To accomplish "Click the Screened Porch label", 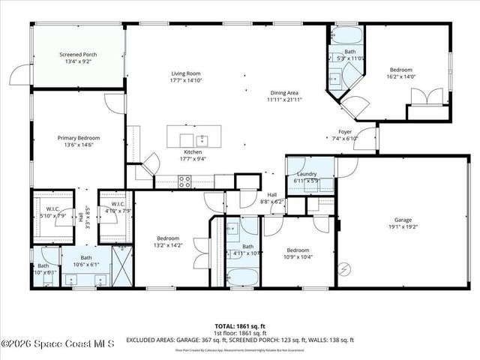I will tap(78, 55).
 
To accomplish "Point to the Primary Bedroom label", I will tap(79, 138).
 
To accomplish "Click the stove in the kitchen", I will tap(184, 180).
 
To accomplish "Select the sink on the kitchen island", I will tap(201, 139).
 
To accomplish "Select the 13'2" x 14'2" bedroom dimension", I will tap(167, 244).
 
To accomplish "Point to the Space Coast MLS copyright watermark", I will tap(57, 344).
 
